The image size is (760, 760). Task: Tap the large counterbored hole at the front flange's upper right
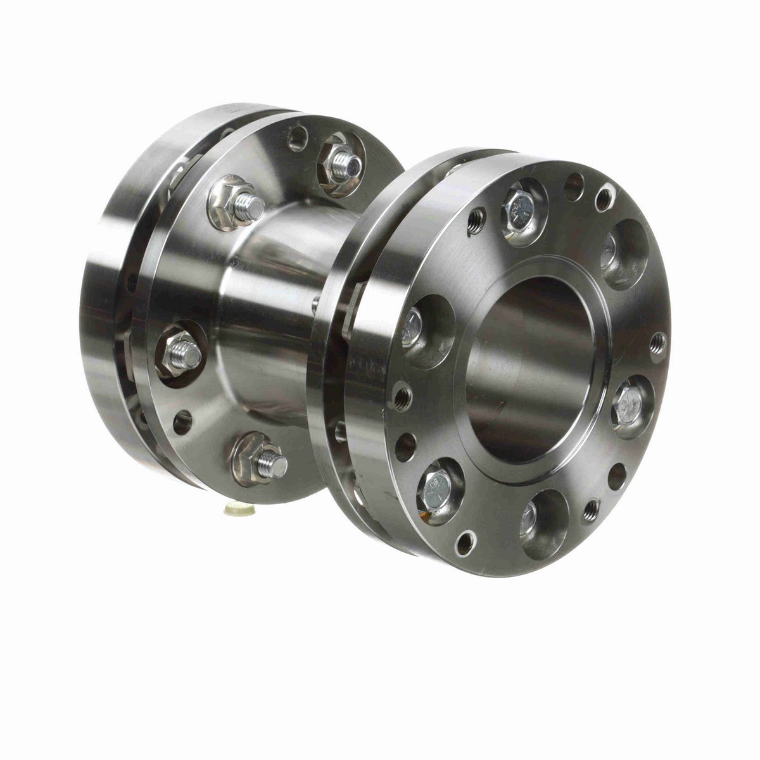622,252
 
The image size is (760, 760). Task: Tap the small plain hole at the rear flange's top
297,139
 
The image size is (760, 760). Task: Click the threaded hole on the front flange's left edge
402,398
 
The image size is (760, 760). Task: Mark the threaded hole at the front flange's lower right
592,509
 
